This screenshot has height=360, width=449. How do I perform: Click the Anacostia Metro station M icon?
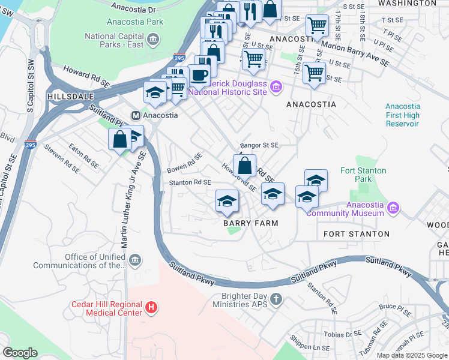(136, 115)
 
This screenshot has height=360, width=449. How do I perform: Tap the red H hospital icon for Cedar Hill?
(152, 308)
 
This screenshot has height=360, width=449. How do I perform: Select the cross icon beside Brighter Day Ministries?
(276, 299)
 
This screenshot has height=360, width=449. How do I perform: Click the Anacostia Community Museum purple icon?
(393, 208)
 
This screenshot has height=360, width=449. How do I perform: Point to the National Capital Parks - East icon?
(153, 40)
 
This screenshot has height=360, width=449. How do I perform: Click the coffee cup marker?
(199, 75)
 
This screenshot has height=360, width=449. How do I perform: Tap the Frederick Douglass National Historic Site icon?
(276, 88)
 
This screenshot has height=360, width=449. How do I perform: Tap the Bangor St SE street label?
(259, 145)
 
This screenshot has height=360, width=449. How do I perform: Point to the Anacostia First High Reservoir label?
(402, 115)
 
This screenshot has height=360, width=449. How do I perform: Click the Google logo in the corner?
(20, 353)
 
